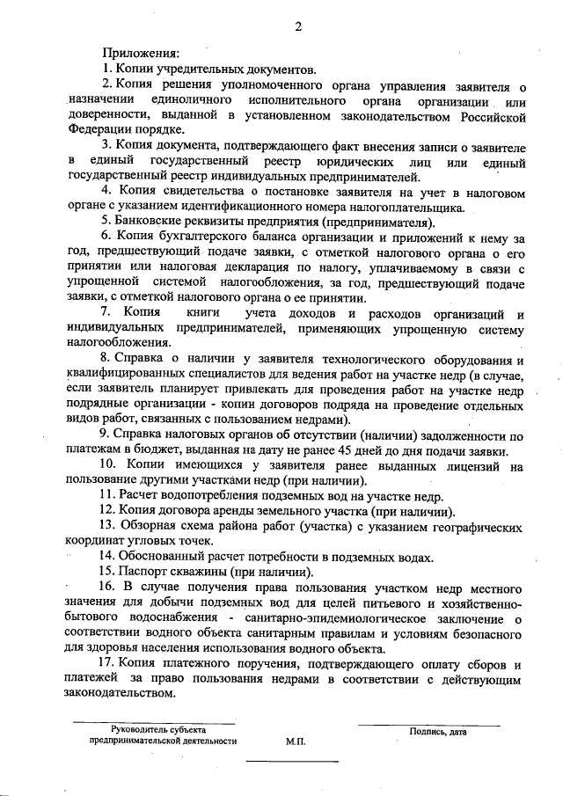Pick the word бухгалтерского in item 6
(194, 237)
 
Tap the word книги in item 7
(189, 314)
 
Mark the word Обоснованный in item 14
(162, 557)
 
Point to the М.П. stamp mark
(296, 741)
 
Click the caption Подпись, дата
(436, 730)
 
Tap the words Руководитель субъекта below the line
(158, 730)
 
